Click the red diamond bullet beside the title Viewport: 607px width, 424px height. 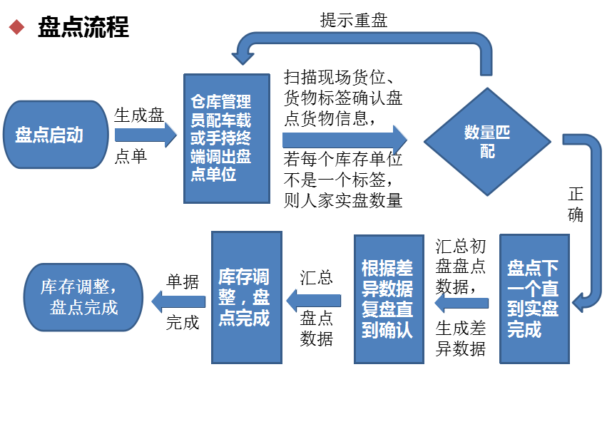point(16,29)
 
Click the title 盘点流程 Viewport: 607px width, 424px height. point(83,29)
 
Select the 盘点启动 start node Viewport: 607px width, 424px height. point(56,135)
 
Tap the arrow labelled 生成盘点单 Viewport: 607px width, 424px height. point(146,134)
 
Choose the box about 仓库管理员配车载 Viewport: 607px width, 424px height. point(227,138)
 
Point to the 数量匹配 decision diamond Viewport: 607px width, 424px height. point(488,141)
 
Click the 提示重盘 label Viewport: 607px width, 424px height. point(353,20)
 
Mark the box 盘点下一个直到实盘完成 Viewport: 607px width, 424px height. point(534,299)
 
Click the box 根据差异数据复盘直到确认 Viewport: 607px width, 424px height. point(389,299)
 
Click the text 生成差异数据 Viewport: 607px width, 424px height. point(461,338)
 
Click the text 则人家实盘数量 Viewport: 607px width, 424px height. point(343,200)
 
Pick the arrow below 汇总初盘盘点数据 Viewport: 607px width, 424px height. point(461,304)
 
